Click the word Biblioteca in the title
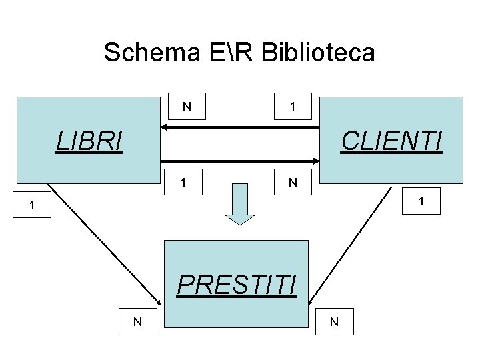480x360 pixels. pyautogui.click(x=318, y=52)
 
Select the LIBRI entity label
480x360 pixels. pyautogui.click(x=90, y=141)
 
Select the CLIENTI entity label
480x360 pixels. pyautogui.click(x=391, y=141)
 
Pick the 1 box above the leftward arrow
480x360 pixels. pyautogui.click(x=292, y=105)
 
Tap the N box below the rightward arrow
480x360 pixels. pyautogui.click(x=291, y=182)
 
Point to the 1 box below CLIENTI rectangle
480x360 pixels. pyautogui.click(x=420, y=200)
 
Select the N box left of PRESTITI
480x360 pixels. pyautogui.click(x=137, y=321)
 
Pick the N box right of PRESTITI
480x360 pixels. pyautogui.click(x=334, y=322)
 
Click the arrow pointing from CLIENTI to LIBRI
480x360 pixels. pyautogui.click(x=240, y=127)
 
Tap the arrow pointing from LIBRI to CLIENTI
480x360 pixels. pyautogui.click(x=240, y=160)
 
